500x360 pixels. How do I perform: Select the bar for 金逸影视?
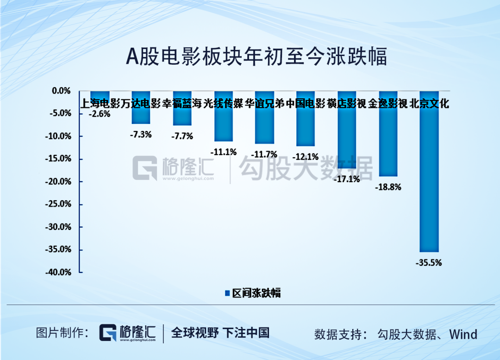388,139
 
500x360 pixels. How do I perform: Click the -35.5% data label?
429,263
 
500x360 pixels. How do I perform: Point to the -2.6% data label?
100,113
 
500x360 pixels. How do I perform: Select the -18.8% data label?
388,187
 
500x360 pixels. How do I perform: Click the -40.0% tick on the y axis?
58,273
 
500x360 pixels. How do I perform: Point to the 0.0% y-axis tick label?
61,91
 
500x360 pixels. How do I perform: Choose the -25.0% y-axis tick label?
58,205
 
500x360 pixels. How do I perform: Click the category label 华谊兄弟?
264,103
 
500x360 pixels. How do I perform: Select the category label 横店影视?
346,103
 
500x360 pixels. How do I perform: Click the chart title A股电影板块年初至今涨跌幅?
256,57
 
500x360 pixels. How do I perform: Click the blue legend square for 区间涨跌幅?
227,293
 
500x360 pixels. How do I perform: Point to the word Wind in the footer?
463,334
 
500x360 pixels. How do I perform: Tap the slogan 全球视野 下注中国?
220,333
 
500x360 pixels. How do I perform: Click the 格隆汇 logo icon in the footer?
109,333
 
